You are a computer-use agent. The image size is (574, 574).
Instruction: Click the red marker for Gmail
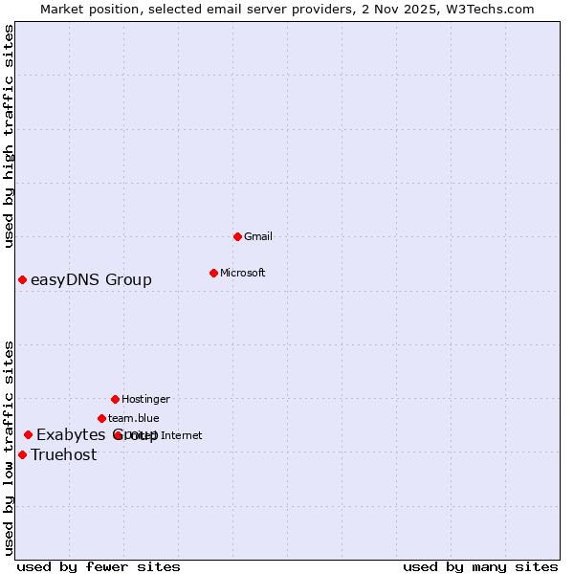pos(238,236)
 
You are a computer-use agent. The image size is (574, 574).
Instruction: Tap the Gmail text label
pos(258,236)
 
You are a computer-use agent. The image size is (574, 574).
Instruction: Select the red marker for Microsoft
pos(213,273)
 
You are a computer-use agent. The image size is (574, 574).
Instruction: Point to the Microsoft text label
pos(243,273)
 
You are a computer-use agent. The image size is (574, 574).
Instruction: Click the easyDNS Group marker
pos(22,279)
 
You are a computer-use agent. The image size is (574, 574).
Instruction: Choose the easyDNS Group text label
pos(91,279)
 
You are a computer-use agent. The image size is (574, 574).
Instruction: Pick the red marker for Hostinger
pos(115,399)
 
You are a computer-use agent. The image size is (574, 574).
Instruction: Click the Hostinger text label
pos(145,399)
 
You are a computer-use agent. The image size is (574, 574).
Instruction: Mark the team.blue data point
pos(101,418)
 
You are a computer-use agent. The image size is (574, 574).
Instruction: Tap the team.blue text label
pos(134,418)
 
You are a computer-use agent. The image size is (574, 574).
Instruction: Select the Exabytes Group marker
pos(28,435)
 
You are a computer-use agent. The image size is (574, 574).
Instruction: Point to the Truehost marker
pos(22,454)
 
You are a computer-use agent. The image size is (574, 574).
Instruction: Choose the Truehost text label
pos(64,454)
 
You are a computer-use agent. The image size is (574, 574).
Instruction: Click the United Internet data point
pos(120,435)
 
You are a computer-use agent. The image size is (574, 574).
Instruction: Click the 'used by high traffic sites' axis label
pos(10,136)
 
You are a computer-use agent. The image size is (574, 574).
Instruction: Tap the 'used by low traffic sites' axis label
pos(10,448)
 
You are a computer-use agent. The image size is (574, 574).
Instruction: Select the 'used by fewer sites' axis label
pos(99,566)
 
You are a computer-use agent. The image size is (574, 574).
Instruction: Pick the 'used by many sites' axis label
pos(480,566)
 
